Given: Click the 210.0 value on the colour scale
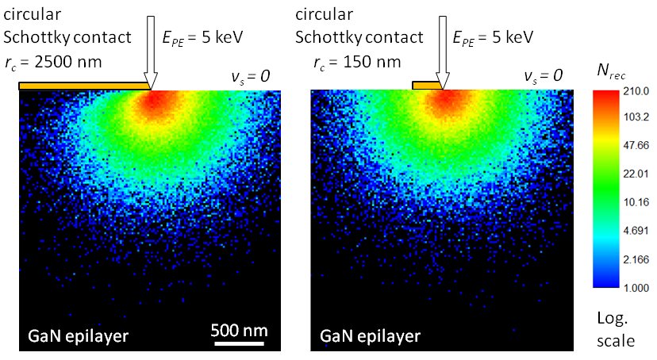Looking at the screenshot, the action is tap(636, 91).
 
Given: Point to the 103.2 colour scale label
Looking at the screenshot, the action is tap(636, 117).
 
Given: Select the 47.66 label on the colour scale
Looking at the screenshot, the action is tap(636, 145).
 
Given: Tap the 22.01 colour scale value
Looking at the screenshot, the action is tap(636, 174).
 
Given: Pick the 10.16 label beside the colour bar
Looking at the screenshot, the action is tap(636, 202).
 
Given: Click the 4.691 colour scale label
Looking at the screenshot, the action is tap(636, 231).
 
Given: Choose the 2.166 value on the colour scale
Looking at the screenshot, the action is tap(636, 259).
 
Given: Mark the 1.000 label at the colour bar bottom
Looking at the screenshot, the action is tap(636, 288).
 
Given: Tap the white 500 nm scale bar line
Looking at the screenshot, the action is tap(240, 343).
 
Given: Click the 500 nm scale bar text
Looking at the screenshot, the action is tap(240, 331).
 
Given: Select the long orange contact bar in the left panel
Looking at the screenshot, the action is tap(85, 86).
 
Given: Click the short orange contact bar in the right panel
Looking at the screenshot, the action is tap(428, 86).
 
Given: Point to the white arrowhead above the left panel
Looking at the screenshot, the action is tap(151, 81).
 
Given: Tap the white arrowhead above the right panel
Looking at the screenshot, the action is tap(443, 81).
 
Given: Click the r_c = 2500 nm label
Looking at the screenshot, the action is tap(53, 63).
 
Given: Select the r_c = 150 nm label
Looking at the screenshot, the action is tap(357, 63).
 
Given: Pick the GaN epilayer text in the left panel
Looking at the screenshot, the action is tap(79, 336).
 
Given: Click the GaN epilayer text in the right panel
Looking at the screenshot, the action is tap(370, 336).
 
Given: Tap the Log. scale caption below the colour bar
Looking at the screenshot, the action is tap(616, 330).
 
